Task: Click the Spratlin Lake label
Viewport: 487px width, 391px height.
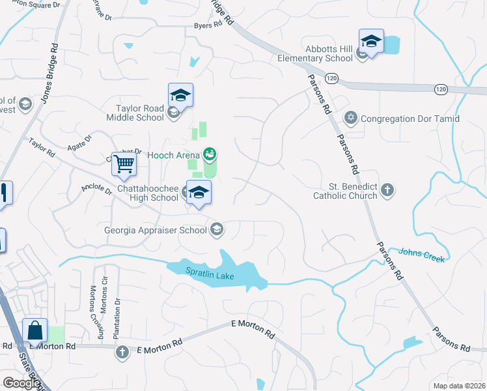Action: point(210,276)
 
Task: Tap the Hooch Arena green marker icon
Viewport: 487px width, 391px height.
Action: point(210,155)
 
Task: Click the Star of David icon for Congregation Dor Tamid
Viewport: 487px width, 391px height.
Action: point(352,119)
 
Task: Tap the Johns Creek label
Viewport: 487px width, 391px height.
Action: point(421,255)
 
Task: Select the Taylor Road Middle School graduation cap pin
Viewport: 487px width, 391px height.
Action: point(180,96)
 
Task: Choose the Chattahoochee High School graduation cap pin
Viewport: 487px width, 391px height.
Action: point(199,192)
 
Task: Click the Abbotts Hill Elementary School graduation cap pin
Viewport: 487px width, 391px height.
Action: point(371,41)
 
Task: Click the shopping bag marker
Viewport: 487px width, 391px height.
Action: point(35,330)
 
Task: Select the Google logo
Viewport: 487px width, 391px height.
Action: point(21,383)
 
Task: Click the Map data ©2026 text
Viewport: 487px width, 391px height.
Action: point(459,386)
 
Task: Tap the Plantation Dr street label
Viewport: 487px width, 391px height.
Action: point(117,319)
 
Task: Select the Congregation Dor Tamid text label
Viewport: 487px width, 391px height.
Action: point(410,119)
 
